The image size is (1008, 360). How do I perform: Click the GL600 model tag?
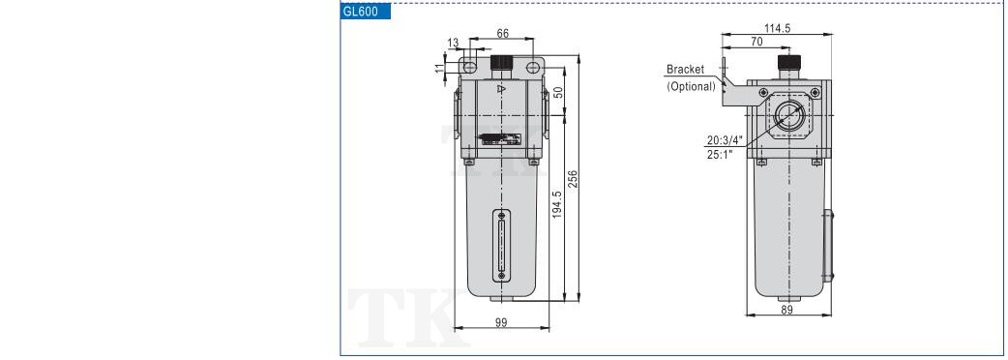coord(365,12)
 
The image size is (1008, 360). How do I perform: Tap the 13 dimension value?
coord(454,44)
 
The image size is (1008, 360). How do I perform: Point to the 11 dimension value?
coord(440,68)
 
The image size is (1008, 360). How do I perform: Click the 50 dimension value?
coord(558,93)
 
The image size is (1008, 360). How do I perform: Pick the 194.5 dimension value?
coord(557,204)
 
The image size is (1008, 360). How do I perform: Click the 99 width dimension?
coord(501,322)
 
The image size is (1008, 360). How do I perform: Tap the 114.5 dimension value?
coord(777,28)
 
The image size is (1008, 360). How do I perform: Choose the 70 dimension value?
coord(756,42)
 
